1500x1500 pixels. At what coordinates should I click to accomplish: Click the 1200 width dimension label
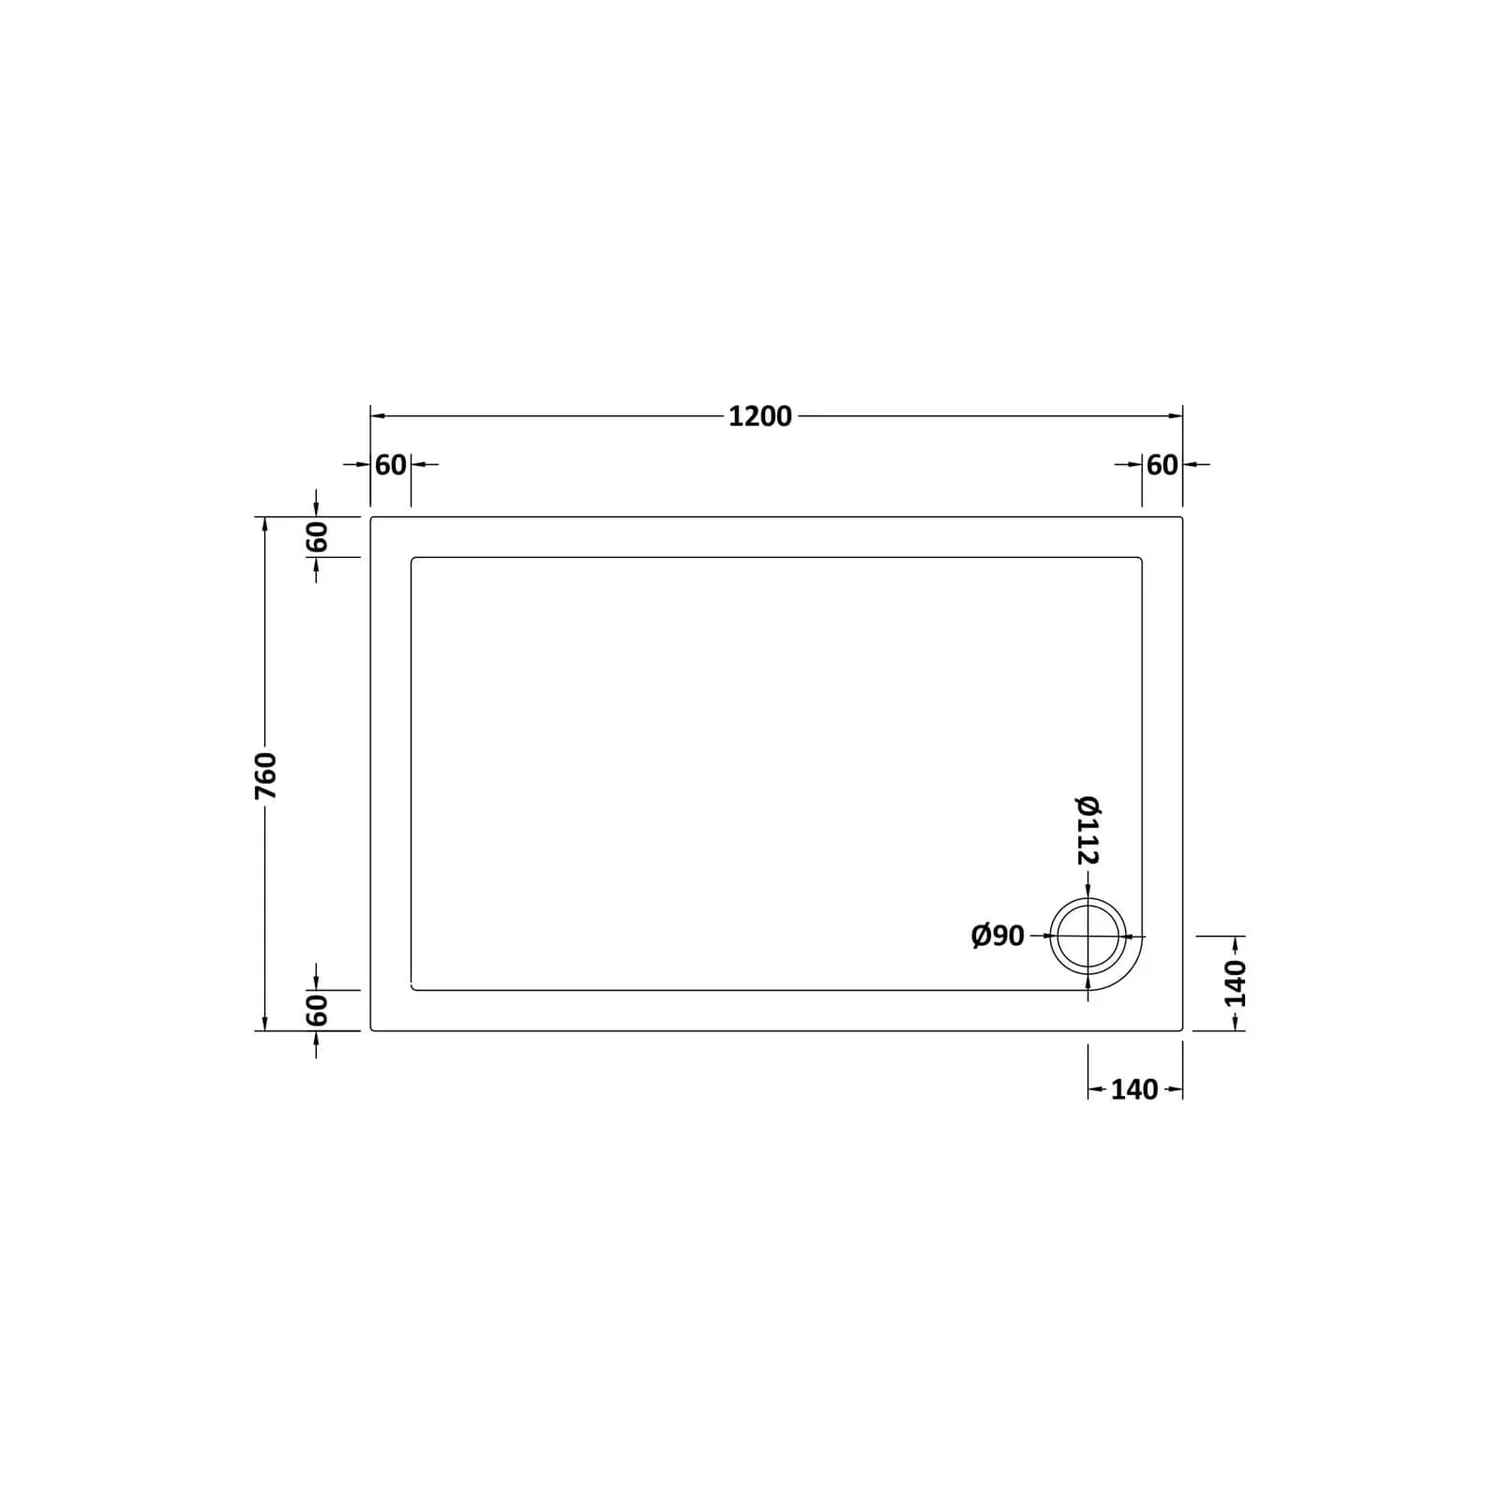[x=760, y=416]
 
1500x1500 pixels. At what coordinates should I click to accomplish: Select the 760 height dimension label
[x=265, y=774]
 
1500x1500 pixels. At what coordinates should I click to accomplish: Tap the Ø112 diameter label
[x=1088, y=830]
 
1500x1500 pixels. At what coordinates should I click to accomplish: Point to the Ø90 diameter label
[x=998, y=936]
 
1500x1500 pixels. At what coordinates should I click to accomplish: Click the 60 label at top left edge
[x=391, y=465]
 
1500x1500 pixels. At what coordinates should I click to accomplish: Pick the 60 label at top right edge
[x=1162, y=465]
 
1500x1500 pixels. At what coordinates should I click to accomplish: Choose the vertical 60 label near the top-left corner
[x=317, y=537]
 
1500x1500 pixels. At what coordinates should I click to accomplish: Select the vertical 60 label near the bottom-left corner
[x=317, y=1010]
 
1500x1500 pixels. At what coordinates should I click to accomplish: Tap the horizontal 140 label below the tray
[x=1134, y=1089]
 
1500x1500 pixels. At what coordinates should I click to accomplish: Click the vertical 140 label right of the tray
[x=1236, y=983]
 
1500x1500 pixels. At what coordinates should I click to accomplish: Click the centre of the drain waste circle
[x=1088, y=936]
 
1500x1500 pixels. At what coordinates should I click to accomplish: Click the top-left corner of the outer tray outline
[x=372, y=518]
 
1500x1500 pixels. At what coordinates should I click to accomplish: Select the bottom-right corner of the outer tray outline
[x=1182, y=1029]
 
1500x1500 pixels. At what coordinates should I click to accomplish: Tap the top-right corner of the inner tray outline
[x=1141, y=558]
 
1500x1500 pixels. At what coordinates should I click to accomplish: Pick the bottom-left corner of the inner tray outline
[x=412, y=989]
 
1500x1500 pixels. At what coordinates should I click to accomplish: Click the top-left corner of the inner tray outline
[x=412, y=558]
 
